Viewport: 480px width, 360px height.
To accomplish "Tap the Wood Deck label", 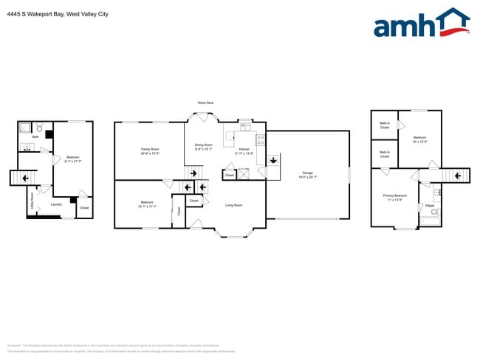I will (x=206, y=103).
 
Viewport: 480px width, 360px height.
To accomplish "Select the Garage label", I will (x=306, y=173).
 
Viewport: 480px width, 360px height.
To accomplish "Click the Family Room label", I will (x=150, y=149).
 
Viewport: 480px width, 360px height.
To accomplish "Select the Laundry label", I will (x=56, y=204).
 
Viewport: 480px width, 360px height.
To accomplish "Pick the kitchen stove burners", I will (x=260, y=138).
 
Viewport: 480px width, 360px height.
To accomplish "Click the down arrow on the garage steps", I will (x=273, y=160).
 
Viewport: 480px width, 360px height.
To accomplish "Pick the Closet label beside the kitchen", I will (x=230, y=176).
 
